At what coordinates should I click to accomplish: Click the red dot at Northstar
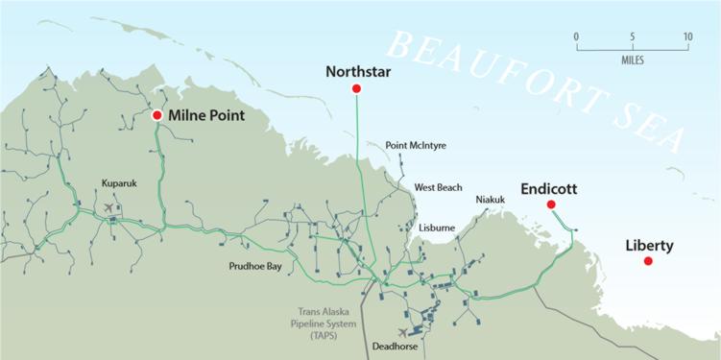click(x=356, y=88)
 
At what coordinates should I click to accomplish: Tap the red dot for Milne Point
click(x=157, y=115)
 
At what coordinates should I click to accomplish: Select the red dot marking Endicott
click(x=551, y=204)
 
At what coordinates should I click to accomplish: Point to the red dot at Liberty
click(x=648, y=261)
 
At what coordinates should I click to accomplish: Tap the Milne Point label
click(x=205, y=115)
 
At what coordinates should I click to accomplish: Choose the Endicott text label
click(x=548, y=189)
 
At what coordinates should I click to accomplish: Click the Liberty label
click(x=649, y=246)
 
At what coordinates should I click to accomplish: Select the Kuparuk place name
click(x=120, y=181)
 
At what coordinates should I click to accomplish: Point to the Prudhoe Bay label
click(x=254, y=266)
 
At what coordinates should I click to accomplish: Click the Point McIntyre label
click(x=416, y=146)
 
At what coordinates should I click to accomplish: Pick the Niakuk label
click(x=491, y=200)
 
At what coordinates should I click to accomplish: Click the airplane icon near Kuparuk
click(x=108, y=206)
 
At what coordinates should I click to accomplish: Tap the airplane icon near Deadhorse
click(x=388, y=332)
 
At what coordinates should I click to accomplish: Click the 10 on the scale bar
click(x=687, y=36)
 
